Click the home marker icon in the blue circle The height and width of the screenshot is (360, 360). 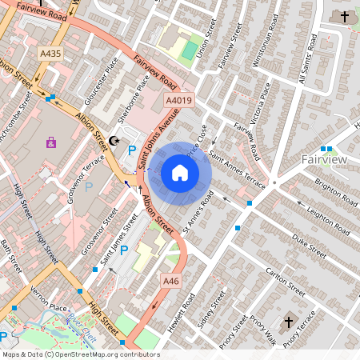(180, 172)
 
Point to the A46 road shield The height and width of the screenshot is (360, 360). (171, 282)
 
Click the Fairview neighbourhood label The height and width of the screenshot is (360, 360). (324, 160)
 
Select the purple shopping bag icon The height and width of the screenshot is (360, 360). (51, 143)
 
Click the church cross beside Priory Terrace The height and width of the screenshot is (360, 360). (289, 322)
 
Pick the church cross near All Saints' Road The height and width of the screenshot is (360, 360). (345, 16)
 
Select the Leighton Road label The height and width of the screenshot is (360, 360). (327, 216)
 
